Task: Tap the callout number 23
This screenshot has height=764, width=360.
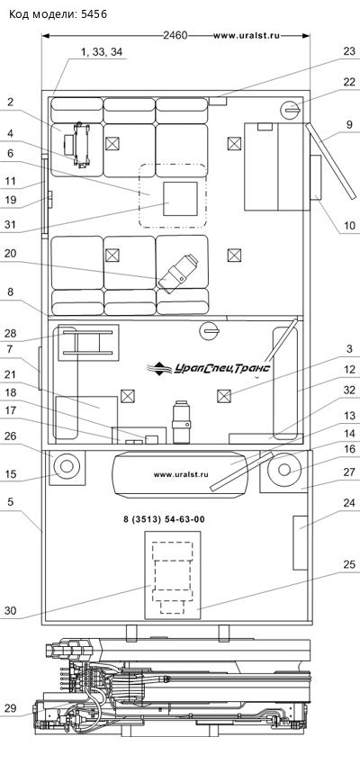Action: (x=349, y=51)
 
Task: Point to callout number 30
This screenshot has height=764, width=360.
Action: (x=11, y=610)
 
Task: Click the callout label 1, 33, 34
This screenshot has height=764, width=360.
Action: (x=102, y=52)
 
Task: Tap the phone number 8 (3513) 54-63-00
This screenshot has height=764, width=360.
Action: (x=164, y=520)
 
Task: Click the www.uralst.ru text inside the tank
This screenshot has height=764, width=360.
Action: (x=181, y=474)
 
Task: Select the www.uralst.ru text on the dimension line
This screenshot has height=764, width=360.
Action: (x=246, y=36)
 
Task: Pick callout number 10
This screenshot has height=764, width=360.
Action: (x=349, y=226)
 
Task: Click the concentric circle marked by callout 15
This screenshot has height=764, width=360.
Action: (x=67, y=467)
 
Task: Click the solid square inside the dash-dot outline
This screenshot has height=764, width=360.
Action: (x=180, y=198)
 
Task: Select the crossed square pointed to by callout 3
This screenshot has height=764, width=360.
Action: (x=222, y=396)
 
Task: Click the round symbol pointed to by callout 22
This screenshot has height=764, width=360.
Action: (x=291, y=111)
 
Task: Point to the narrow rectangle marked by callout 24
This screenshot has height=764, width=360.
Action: (x=300, y=542)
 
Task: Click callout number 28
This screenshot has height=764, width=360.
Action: (x=11, y=334)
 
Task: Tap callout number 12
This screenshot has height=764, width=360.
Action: (x=349, y=370)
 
